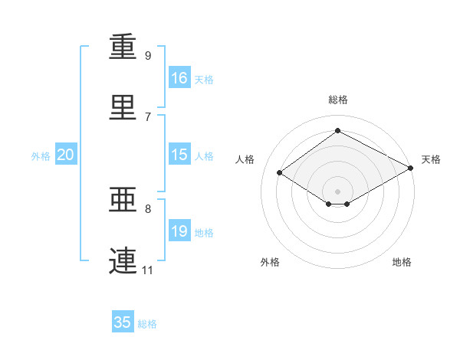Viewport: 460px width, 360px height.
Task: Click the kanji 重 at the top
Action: (123, 47)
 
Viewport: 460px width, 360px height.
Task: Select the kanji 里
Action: (123, 108)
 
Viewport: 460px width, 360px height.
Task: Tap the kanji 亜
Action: (123, 200)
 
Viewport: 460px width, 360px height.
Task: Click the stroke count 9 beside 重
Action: (148, 55)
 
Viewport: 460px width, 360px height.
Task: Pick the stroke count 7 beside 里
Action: (148, 116)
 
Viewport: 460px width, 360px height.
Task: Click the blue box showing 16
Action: (179, 78)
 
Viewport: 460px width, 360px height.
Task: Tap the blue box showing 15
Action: (179, 155)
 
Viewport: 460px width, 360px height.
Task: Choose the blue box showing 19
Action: (179, 231)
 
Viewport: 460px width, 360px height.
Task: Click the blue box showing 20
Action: (66, 155)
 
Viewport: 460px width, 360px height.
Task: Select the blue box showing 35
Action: (123, 322)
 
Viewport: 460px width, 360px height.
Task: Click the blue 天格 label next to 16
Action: (204, 80)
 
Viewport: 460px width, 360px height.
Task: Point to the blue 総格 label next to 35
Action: (147, 324)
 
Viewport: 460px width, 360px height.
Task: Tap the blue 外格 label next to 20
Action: (41, 156)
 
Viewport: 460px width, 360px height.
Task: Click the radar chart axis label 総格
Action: (337, 100)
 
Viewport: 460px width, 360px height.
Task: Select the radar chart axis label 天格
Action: (431, 159)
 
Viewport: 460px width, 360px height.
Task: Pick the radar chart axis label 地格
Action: (402, 262)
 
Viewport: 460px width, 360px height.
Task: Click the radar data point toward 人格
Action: (280, 173)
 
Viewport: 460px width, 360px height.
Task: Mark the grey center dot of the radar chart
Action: (337, 191)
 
